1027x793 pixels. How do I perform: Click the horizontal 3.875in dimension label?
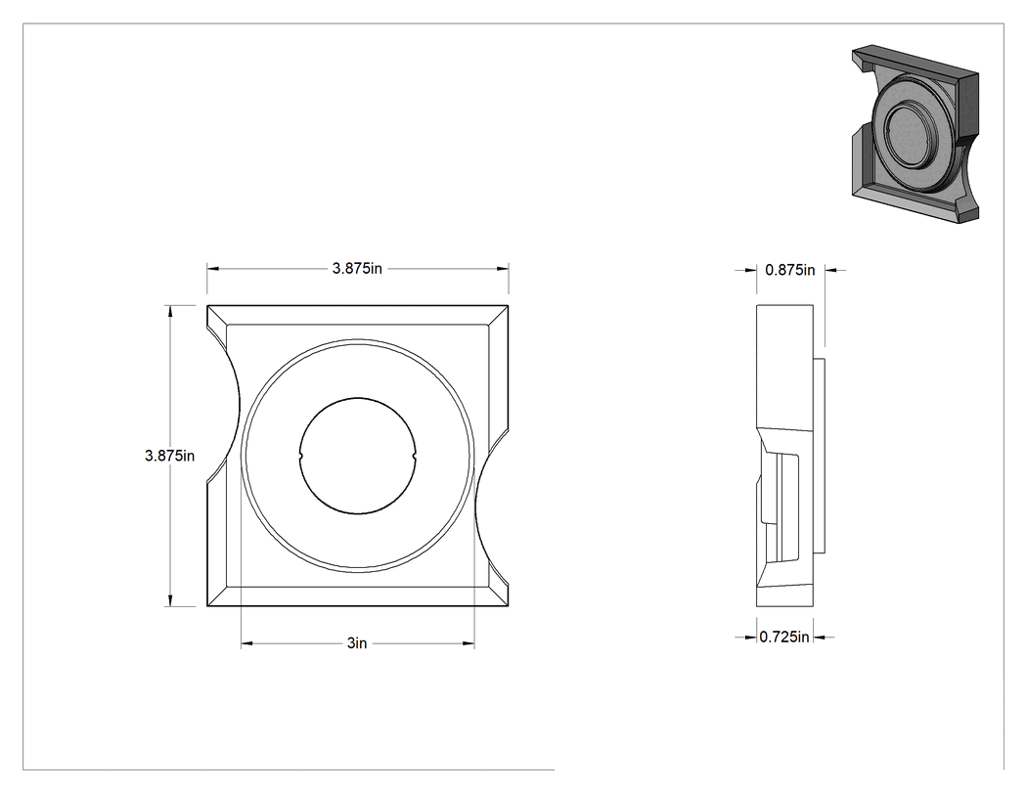coord(357,269)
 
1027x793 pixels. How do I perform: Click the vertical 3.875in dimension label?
coord(169,456)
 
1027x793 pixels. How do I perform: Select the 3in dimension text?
coord(357,643)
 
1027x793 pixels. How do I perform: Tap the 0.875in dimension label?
coord(790,270)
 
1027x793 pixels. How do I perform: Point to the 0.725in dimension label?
coord(784,637)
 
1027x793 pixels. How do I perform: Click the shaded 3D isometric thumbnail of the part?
coord(915,134)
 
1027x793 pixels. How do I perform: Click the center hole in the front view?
coord(358,456)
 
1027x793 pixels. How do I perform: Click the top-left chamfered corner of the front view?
coord(217,315)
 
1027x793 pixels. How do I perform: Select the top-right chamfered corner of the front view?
coord(499,315)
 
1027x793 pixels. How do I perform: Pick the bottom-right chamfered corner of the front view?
coord(499,595)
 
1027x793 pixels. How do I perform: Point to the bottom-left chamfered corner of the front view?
coord(217,595)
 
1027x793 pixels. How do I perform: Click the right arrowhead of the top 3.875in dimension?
coord(503,269)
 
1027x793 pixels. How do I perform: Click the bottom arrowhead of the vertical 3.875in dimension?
coord(171,600)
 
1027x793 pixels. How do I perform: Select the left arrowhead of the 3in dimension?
coord(246,643)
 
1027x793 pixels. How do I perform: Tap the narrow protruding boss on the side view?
coord(819,456)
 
